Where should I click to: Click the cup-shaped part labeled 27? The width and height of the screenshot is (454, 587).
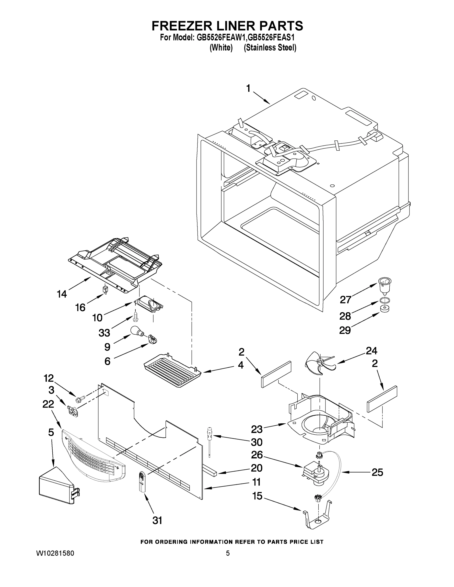pyautogui.click(x=384, y=286)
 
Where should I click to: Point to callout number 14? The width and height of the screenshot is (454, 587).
pyautogui.click(x=62, y=294)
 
